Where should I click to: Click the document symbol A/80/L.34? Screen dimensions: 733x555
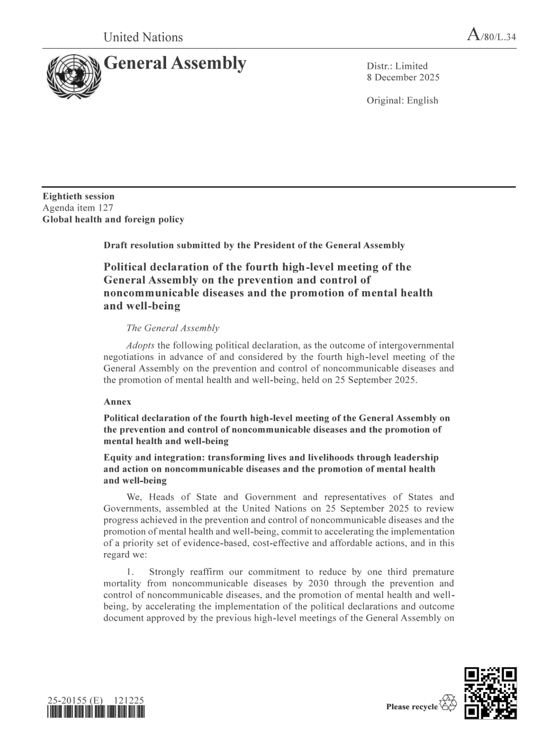point(492,36)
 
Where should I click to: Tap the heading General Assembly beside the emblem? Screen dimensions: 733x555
point(175,63)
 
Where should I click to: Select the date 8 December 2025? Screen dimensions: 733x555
point(403,77)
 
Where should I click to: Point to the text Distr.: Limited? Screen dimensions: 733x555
point(397,66)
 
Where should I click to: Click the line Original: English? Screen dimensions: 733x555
point(402,101)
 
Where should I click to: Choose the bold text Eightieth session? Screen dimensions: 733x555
point(78,196)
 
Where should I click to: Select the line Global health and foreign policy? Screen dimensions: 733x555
point(113,219)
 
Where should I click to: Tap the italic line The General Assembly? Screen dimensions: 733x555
point(173,328)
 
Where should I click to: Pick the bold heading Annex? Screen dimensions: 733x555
point(117,402)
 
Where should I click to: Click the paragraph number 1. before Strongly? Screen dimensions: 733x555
point(130,572)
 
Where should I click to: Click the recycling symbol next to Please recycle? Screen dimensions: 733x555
point(448,703)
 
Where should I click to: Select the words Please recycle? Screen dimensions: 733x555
point(412,707)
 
